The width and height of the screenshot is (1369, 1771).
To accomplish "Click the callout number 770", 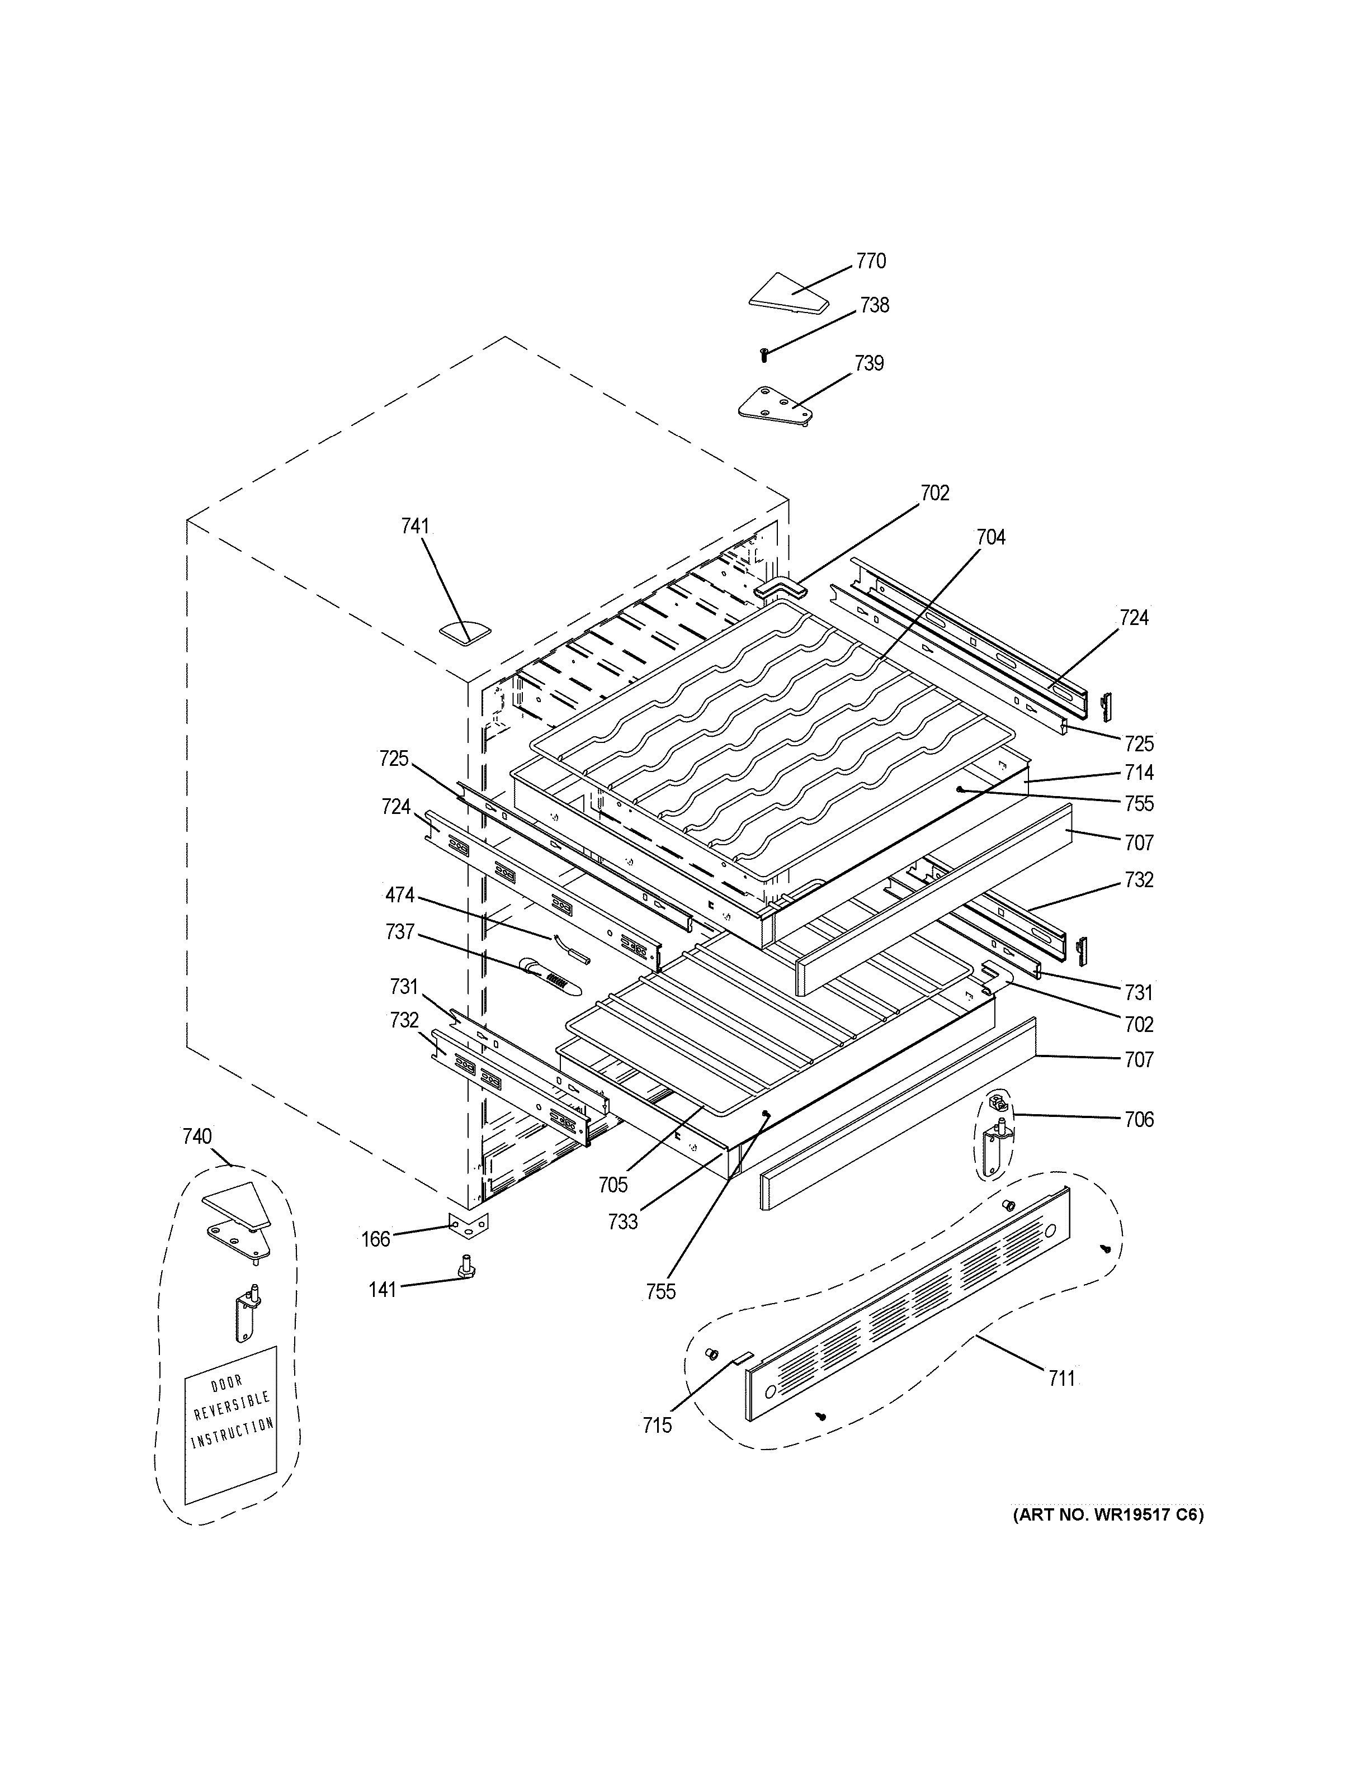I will [x=871, y=261].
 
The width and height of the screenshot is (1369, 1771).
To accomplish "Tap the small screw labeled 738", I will [x=763, y=354].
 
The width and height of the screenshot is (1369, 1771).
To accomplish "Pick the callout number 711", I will [x=1061, y=1377].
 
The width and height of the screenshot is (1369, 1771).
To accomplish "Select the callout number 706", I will [x=1139, y=1120].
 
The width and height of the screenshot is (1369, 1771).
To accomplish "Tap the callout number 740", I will [x=197, y=1136].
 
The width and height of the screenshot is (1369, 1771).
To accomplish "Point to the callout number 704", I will [x=990, y=537].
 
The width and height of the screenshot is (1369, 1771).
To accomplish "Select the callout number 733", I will [x=623, y=1222].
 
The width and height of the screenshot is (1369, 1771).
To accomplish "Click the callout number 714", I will [x=1139, y=772].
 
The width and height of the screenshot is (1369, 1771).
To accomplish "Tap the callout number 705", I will [x=613, y=1185].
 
